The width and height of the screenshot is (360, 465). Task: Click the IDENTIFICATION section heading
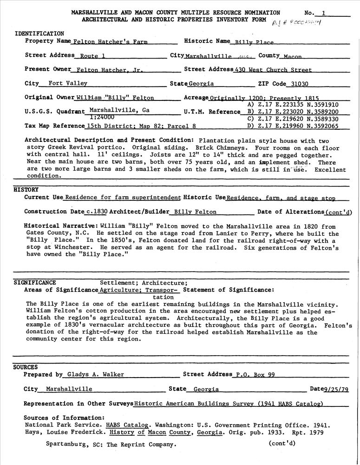coord(39,33)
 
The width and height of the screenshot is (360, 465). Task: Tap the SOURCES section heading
coord(25,367)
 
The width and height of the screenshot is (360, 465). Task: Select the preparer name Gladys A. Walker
coord(94,374)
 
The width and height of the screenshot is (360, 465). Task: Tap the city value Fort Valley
coord(67,84)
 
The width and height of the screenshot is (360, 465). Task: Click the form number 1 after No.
coord(324,13)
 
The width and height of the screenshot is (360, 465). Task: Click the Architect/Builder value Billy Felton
coord(195,212)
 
